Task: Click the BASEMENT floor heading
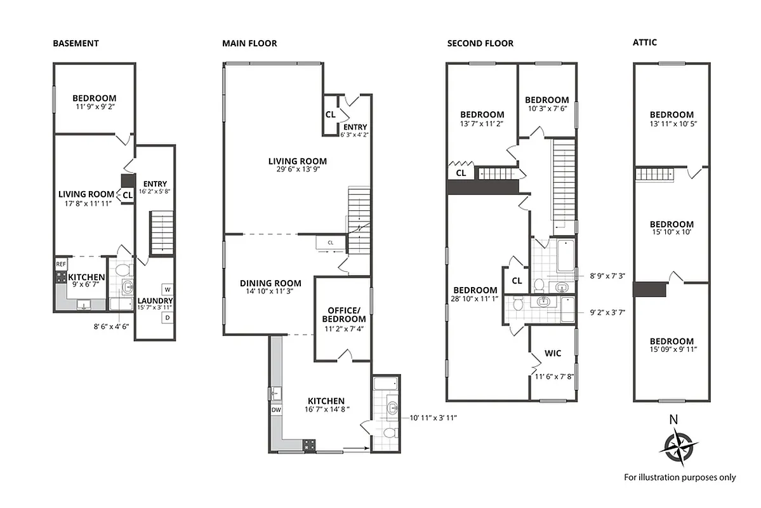76,43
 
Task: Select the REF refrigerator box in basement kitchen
61,264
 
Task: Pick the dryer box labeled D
167,317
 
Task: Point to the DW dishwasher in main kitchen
276,410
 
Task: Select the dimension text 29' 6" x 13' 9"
297,170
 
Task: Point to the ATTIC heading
644,43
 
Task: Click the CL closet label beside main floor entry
330,115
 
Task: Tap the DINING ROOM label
270,283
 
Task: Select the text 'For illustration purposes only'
680,477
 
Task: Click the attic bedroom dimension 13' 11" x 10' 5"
672,124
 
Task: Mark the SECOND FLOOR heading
480,43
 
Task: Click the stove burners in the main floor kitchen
309,444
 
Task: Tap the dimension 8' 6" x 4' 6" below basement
112,327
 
